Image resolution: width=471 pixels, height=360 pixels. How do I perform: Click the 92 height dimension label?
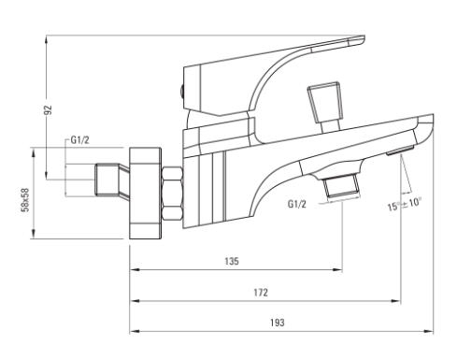tap(48, 110)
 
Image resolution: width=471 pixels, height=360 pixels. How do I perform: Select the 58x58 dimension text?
tap(24, 199)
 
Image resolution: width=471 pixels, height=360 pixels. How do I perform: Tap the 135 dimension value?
tap(232, 261)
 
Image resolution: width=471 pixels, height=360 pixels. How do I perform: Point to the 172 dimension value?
tap(261, 293)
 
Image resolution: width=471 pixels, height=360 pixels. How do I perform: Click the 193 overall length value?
tap(278, 323)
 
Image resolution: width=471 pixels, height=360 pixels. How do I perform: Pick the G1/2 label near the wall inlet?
tap(79, 140)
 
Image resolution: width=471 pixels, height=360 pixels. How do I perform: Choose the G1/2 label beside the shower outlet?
tap(297, 204)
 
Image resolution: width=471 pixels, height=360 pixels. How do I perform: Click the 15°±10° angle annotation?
tap(405, 205)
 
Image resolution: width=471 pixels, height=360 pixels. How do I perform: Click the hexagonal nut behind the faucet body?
tap(172, 194)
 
